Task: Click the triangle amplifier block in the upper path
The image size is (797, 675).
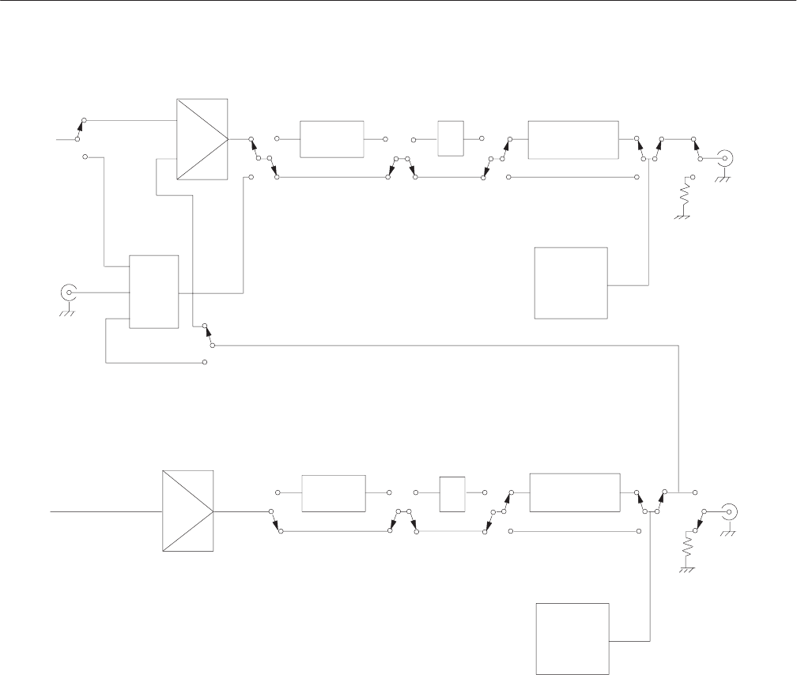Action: click(202, 139)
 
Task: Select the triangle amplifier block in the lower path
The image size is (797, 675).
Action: click(187, 511)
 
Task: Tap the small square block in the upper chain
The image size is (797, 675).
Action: click(450, 138)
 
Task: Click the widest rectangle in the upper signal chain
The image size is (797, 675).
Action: click(573, 139)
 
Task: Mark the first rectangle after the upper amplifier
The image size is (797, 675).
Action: click(331, 139)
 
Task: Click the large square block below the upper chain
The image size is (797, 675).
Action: click(571, 283)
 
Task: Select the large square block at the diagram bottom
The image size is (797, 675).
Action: click(573, 639)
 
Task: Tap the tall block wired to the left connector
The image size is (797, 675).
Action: click(153, 292)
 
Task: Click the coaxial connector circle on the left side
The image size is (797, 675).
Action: click(69, 292)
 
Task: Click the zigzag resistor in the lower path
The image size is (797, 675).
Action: click(687, 549)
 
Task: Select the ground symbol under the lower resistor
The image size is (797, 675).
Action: click(687, 570)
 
